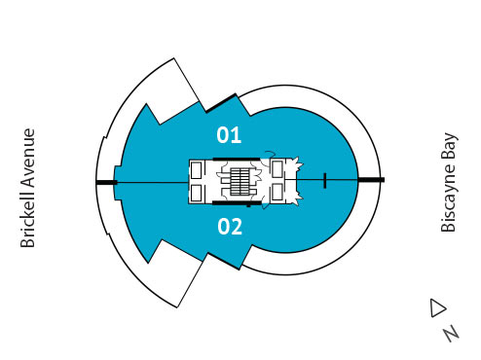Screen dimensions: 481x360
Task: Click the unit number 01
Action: click(229, 134)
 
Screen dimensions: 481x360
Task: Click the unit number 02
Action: click(230, 228)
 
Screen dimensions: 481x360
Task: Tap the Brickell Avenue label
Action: click(28, 187)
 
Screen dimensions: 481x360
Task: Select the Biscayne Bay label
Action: click(449, 183)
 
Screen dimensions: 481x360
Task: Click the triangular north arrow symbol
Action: click(436, 307)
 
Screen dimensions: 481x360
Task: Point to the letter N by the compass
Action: click(451, 333)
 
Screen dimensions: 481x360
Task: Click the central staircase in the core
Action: click(240, 181)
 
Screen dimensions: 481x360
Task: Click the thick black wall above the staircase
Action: click(240, 158)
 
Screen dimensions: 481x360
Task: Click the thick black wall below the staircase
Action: click(240, 205)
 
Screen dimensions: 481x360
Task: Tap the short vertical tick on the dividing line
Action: click(324, 180)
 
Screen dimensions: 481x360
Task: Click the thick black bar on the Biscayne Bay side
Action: click(371, 181)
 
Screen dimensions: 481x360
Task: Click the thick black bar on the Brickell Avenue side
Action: click(106, 182)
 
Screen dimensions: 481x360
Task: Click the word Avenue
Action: click(28, 160)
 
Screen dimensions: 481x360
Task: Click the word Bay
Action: click(449, 147)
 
